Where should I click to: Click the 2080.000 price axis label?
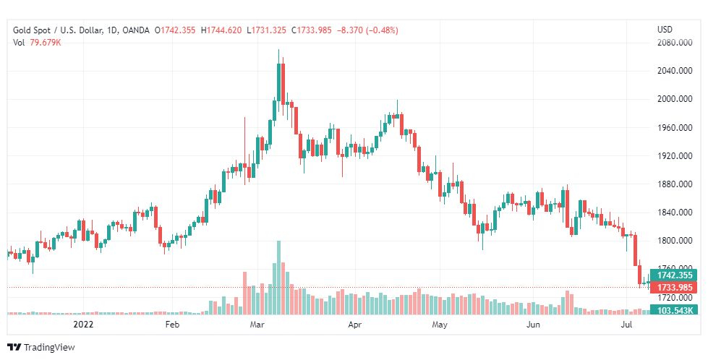[x=675, y=43]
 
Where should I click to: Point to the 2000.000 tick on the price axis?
[x=675, y=99]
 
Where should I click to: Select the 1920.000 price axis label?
[x=675, y=156]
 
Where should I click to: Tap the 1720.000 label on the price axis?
[x=675, y=298]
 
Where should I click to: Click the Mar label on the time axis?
[x=257, y=325]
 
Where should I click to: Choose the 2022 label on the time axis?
[x=84, y=325]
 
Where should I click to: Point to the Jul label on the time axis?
[x=626, y=325]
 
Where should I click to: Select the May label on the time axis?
[x=440, y=325]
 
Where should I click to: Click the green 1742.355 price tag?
[x=674, y=275]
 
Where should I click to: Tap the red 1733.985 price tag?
[x=674, y=288]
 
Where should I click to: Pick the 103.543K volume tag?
[x=674, y=310]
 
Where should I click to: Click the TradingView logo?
[x=41, y=348]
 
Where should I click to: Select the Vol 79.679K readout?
[x=37, y=43]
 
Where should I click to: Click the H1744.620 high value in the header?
[x=221, y=30]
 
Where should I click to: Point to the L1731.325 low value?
[x=266, y=30]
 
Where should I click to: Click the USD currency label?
[x=665, y=30]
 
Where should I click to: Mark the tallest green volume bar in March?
[x=278, y=278]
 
